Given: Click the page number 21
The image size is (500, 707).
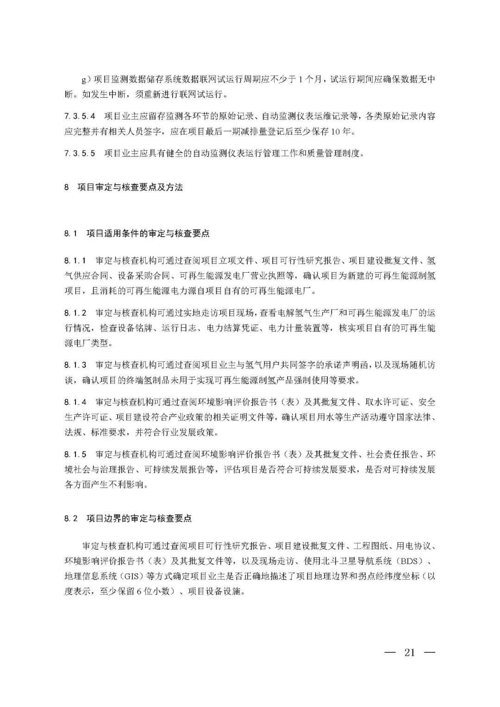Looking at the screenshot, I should [409, 652].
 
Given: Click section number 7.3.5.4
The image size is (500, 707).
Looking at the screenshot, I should [80, 116].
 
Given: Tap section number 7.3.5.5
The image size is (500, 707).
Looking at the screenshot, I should [80, 153].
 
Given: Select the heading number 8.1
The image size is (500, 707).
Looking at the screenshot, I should [71, 234].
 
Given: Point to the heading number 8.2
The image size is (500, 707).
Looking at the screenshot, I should [71, 519].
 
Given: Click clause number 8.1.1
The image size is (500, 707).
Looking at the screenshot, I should [75, 260].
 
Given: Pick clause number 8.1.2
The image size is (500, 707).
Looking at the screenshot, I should [75, 313].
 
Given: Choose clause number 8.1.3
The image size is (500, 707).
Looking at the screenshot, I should [75, 365].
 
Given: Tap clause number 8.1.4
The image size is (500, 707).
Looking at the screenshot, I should [75, 402].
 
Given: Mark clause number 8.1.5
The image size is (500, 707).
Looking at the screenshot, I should [75, 455].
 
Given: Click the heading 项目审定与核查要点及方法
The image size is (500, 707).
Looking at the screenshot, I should [130, 188].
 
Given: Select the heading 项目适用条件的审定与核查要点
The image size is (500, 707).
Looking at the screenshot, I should [148, 234].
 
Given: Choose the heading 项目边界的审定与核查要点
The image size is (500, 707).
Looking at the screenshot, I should [139, 519].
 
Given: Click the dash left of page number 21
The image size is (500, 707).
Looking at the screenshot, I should [390, 652].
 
